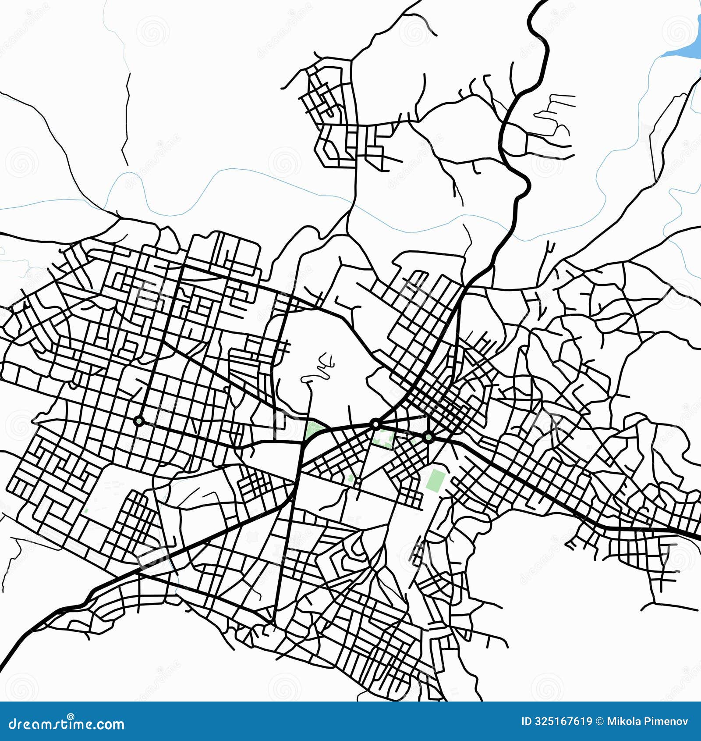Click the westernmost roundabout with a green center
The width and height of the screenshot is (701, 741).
(x=139, y=421)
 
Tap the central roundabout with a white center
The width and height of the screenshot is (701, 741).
(x=375, y=424)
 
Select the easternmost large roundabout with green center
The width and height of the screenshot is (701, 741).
(x=428, y=437)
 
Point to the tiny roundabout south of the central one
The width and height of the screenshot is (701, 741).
(x=358, y=481)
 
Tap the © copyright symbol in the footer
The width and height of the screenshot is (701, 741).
(x=599, y=722)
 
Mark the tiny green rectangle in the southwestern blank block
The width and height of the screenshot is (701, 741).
(x=86, y=511)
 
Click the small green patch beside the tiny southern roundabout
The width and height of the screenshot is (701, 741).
(x=350, y=478)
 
